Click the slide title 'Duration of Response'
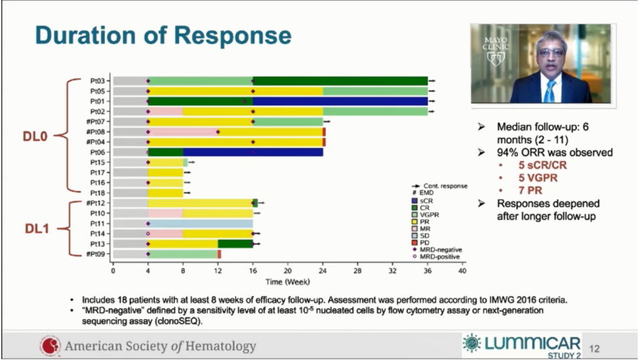(x=163, y=36)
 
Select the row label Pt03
(x=98, y=81)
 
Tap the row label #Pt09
(x=96, y=254)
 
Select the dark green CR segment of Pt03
(x=340, y=81)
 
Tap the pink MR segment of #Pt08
(x=183, y=131)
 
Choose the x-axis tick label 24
(x=322, y=271)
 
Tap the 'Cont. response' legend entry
(x=444, y=185)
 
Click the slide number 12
(x=595, y=350)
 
